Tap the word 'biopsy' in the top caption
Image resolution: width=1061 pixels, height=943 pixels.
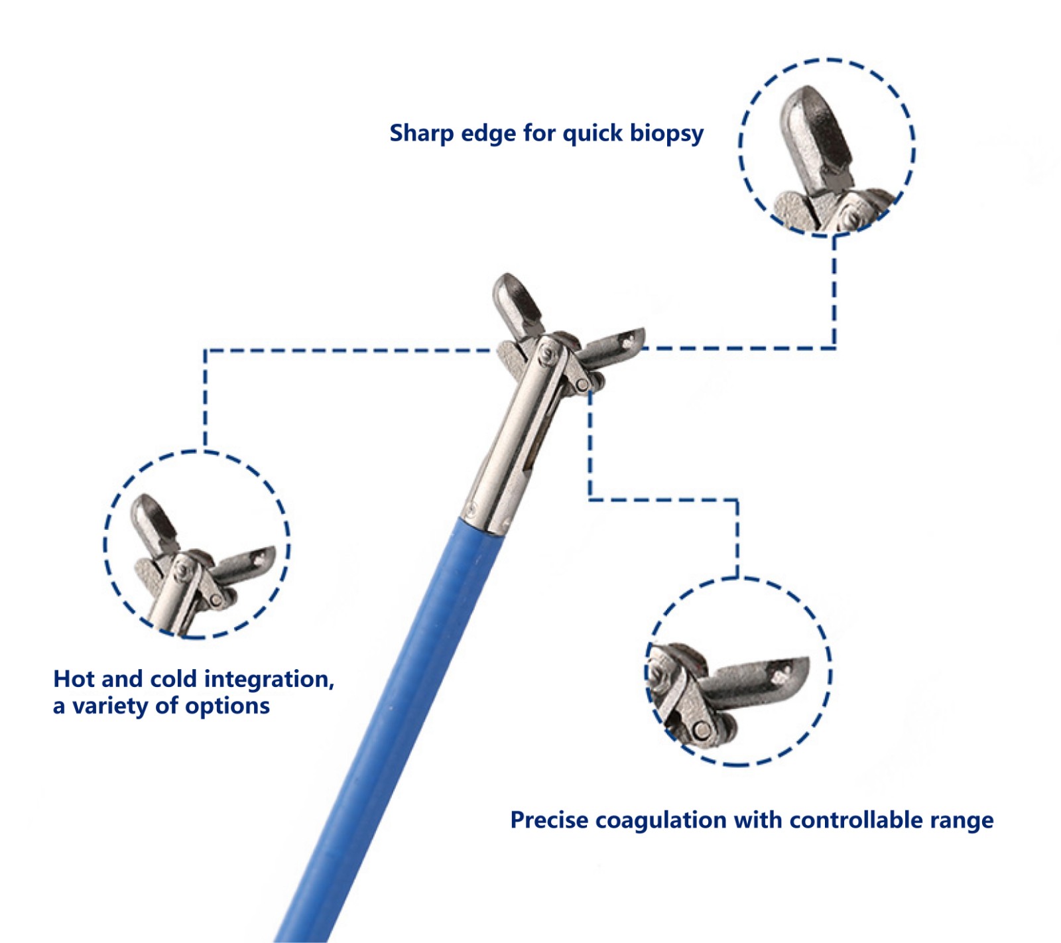[666, 134]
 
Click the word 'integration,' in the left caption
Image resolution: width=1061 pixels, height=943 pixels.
[269, 680]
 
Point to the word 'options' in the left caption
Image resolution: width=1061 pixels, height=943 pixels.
[227, 706]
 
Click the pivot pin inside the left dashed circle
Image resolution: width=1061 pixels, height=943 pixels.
[180, 569]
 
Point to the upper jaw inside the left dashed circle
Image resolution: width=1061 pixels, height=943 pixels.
[154, 525]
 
